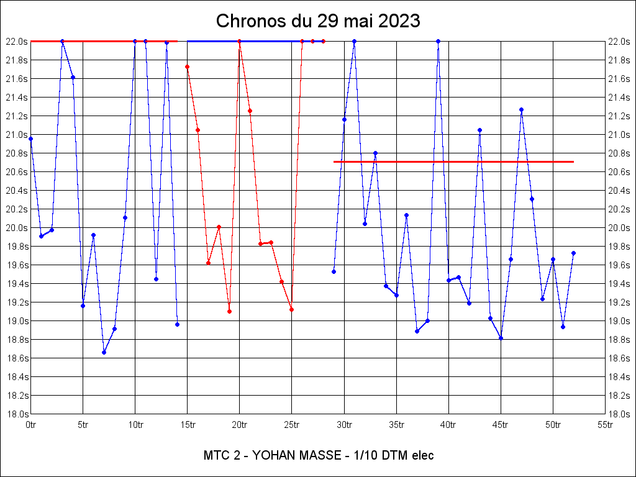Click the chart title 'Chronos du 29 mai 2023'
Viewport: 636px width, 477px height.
318,21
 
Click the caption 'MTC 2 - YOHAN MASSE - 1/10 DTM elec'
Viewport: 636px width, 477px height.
318,455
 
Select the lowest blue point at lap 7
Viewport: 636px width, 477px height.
104,352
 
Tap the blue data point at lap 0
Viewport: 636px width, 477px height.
30,139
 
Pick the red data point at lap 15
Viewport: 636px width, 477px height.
187,66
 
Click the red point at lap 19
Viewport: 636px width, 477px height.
229,311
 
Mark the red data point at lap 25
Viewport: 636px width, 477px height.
291,309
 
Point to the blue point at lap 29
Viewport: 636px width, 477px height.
334,271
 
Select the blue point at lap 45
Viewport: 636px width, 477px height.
501,338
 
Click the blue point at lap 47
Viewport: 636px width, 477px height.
521,109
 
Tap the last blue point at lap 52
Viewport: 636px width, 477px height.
573,253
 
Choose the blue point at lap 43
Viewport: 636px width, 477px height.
479,130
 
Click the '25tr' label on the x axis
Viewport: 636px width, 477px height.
292,425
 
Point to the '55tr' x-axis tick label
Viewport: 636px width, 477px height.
605,425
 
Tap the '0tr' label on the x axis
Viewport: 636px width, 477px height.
30,425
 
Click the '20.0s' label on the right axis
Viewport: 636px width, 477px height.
620,228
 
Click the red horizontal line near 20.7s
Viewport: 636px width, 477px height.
453,161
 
